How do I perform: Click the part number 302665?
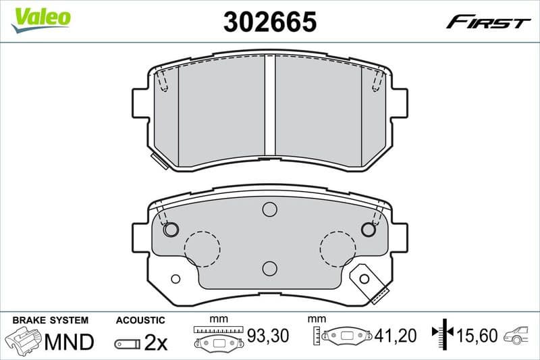click(270, 22)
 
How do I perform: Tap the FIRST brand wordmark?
click(488, 22)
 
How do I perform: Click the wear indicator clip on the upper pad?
click(159, 160)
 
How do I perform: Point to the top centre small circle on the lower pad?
click(270, 209)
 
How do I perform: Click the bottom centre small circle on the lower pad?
click(270, 268)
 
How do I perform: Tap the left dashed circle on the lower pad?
click(202, 248)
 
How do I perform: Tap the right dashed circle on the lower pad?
click(337, 248)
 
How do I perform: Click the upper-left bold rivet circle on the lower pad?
click(171, 230)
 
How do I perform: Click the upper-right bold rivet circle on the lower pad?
click(368, 230)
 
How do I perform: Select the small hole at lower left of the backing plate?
click(175, 279)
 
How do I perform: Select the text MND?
click(69, 342)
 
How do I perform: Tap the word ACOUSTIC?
click(140, 320)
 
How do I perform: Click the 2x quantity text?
click(156, 342)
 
